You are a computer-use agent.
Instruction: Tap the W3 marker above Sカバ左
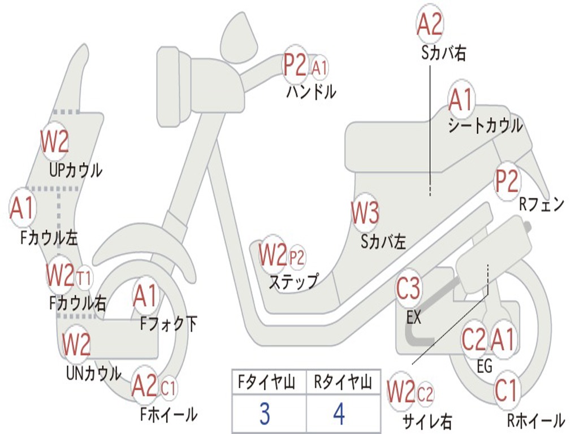click(365, 212)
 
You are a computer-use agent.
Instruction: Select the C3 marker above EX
click(408, 288)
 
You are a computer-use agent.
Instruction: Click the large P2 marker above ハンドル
click(295, 64)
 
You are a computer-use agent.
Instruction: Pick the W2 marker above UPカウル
click(55, 141)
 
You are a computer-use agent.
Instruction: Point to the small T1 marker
click(85, 278)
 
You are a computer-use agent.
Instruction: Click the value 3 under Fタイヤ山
click(265, 414)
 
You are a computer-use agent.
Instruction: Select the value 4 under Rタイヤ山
click(339, 414)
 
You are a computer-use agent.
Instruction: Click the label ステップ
click(293, 281)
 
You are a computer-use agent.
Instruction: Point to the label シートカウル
click(486, 126)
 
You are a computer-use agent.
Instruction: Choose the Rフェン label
click(542, 204)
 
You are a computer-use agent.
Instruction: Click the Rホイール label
click(536, 420)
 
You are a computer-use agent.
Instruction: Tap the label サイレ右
click(427, 421)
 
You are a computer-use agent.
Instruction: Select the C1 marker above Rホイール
click(505, 390)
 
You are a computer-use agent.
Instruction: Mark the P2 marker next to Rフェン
click(506, 181)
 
